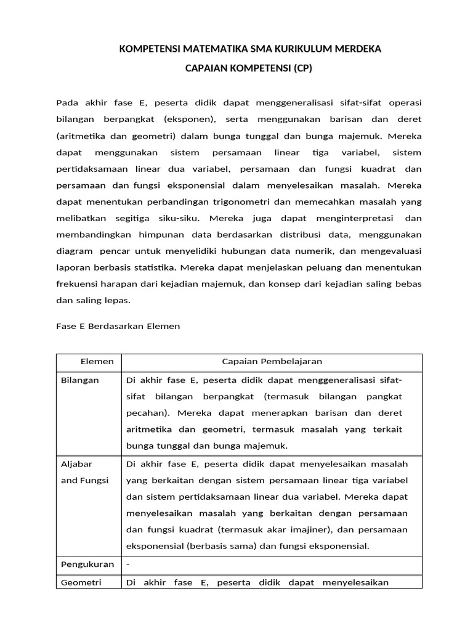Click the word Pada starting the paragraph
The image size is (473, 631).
click(x=68, y=102)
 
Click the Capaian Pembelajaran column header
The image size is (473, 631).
click(x=272, y=362)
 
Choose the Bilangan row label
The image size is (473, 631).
click(x=80, y=380)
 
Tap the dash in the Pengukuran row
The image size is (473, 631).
click(x=128, y=564)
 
